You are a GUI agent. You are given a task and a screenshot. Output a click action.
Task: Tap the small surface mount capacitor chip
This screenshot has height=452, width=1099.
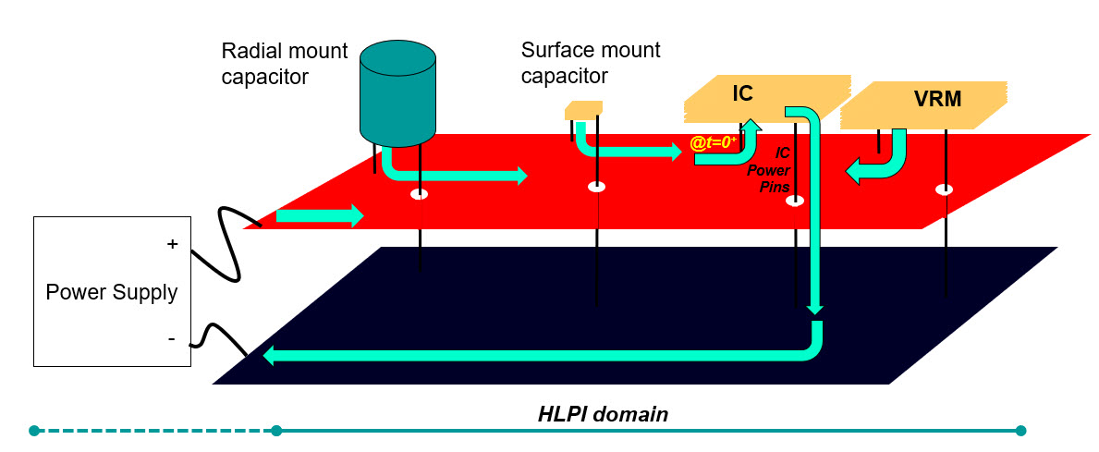tap(583, 110)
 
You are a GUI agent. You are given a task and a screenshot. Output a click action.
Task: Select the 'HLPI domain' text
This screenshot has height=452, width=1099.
tap(603, 414)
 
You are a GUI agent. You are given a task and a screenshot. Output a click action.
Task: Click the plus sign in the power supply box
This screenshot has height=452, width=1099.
tap(171, 244)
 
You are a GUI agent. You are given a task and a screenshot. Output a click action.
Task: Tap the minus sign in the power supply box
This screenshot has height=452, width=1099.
tap(171, 339)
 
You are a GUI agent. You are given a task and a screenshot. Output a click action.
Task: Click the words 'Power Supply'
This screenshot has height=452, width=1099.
tap(112, 293)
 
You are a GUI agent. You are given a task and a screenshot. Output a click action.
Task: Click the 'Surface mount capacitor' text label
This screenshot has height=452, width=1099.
tap(591, 61)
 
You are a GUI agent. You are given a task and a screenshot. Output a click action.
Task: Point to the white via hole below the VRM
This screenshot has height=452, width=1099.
tap(945, 189)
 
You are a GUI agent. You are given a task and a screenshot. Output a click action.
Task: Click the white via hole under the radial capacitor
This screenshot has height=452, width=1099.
tap(421, 194)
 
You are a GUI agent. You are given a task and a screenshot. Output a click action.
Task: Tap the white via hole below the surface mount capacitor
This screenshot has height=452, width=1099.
tap(597, 187)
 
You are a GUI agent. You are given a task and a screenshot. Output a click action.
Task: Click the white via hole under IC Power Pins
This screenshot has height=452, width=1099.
tap(794, 200)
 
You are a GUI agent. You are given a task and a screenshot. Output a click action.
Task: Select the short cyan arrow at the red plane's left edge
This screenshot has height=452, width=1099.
tap(320, 216)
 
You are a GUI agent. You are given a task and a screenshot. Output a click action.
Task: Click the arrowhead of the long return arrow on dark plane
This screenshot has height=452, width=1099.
tap(270, 356)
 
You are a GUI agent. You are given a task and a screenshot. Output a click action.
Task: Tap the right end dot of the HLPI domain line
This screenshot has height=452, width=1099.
tap(1020, 430)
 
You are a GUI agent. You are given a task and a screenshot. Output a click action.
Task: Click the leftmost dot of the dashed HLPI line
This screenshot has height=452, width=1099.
tap(34, 430)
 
